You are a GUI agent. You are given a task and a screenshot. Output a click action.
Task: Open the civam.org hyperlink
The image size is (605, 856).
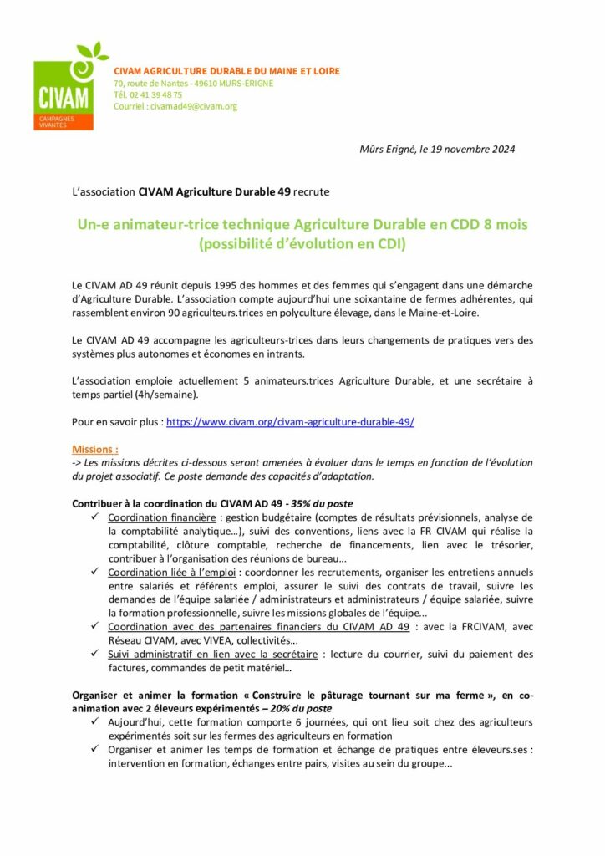point(290,423)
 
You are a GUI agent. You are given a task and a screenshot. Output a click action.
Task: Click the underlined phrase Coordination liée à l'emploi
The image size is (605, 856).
point(172,572)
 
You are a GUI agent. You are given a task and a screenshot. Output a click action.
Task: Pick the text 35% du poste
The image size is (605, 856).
point(321,504)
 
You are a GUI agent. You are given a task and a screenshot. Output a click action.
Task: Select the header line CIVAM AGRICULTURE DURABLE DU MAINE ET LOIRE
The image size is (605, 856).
point(226,71)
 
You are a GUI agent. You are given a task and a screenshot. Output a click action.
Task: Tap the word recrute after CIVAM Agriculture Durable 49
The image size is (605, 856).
point(312,191)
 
